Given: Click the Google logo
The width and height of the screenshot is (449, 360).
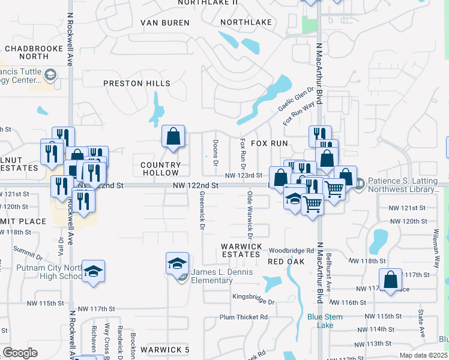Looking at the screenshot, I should coord(20,353).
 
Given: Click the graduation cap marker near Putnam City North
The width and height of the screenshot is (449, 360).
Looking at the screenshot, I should coord(93,271).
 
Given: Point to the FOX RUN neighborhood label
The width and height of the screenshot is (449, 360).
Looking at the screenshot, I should coord(269,143).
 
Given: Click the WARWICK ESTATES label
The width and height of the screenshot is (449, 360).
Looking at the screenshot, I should coord(241,250).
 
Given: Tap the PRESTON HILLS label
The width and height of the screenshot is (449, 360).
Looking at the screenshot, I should coord(137,83).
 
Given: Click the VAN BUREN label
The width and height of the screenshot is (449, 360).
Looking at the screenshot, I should coord(164,23).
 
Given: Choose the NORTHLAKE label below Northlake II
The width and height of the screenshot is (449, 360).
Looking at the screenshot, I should coord(246,22).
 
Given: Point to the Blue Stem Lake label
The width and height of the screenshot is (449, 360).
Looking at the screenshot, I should coord(325,321).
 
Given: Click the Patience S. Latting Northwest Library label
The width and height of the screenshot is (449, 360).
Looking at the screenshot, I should coord(403,185).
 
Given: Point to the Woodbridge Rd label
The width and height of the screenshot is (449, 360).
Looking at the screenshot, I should coord(292,250).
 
